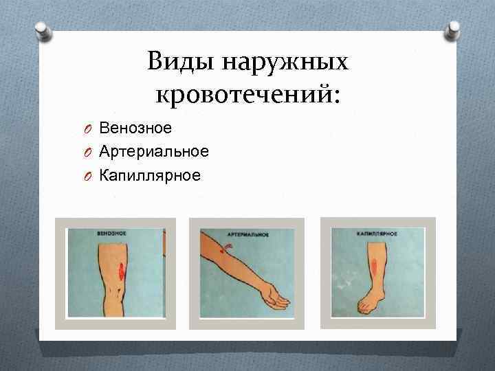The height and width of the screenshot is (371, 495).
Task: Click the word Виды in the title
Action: (177, 63)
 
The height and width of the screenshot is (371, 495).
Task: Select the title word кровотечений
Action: (244, 94)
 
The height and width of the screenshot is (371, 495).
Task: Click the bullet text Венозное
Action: (135, 127)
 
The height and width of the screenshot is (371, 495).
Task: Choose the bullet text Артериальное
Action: (154, 151)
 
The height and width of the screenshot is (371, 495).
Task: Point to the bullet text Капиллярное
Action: (150, 175)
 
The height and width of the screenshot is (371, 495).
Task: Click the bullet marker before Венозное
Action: (89, 128)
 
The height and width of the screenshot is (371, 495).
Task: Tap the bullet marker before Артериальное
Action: (89, 152)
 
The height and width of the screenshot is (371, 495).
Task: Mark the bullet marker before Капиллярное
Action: (89, 176)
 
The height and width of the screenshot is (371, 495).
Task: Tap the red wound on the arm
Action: (221, 252)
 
